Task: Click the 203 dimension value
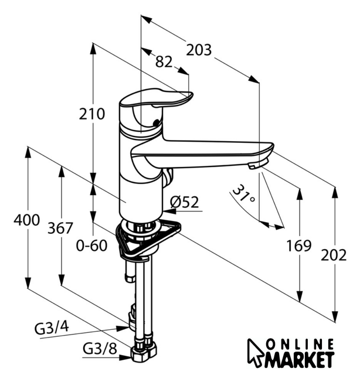point(199,50)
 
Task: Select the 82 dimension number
point(164,62)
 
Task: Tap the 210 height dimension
point(92,114)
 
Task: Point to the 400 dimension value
point(26,220)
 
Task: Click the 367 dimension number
point(60,228)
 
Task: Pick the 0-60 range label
point(91,246)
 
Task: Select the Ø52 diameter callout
point(185,202)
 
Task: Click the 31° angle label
point(243,194)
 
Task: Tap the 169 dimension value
point(299,246)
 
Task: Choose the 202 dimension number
point(334,255)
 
